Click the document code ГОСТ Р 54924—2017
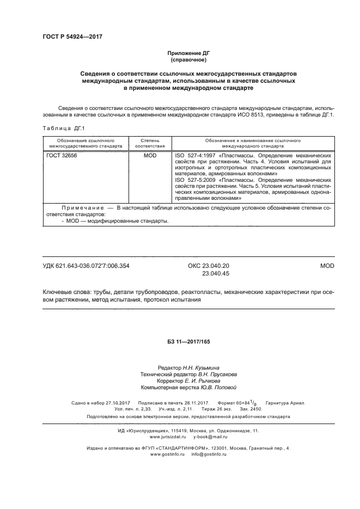(72, 36)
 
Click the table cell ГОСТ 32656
(63, 156)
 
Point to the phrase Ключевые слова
(69, 292)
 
